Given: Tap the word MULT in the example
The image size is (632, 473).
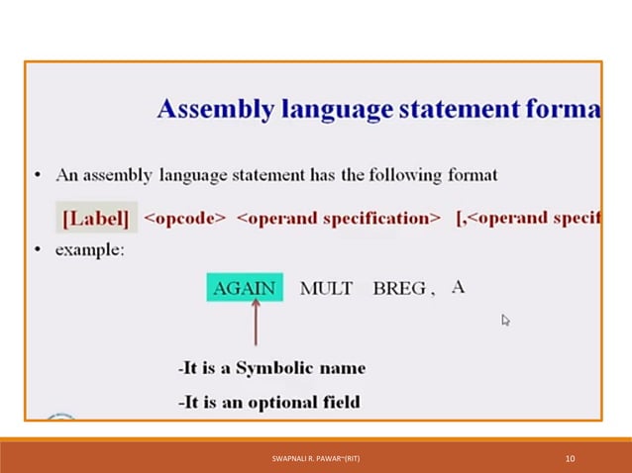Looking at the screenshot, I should coord(326,289).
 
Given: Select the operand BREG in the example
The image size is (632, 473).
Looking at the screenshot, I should coord(399,289).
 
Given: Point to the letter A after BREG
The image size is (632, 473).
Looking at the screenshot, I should coord(458,288).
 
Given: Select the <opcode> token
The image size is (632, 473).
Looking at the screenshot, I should coord(185,218).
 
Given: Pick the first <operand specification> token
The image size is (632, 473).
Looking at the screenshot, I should coord(339,218).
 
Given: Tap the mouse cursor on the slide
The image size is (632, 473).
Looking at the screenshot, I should coord(505,320).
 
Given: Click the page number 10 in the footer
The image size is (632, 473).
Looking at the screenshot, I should coord(570,459).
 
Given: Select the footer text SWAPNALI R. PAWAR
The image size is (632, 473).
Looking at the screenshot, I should coord(315,459).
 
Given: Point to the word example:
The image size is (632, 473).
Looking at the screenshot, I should coord(90,250).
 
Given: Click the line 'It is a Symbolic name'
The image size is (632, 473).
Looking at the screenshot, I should coord(272,368).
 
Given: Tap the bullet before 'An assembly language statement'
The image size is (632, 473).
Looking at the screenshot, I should coord(37,175).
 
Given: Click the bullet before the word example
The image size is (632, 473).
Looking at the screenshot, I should coord(37,250).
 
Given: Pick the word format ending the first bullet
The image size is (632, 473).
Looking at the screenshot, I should coord(471,175).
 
